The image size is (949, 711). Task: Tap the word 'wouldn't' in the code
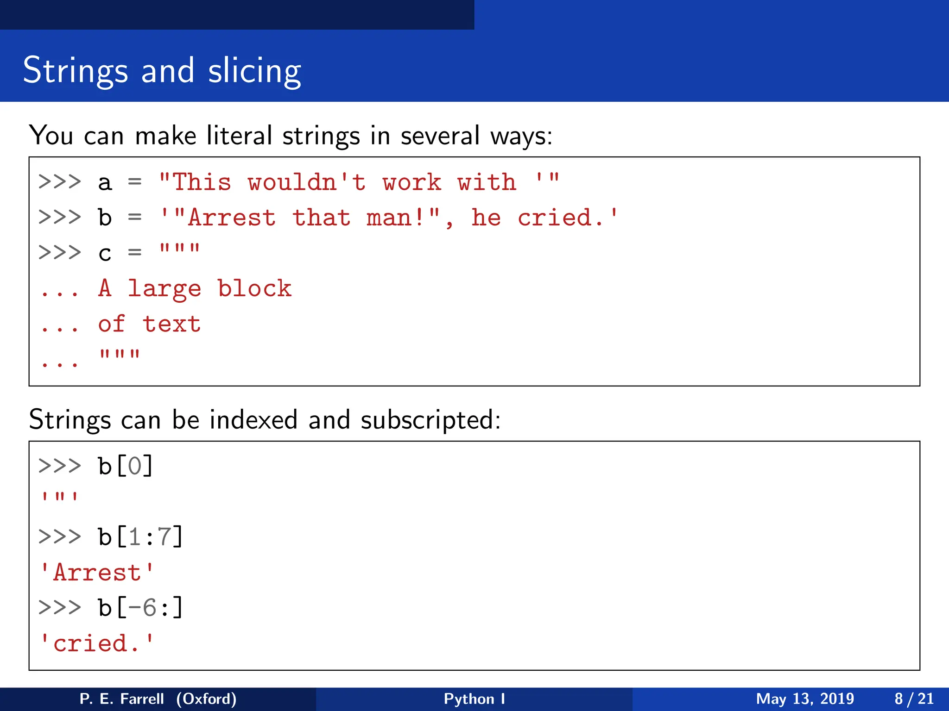306,182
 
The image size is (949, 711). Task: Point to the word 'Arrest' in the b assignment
231,218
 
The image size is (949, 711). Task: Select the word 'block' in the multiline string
254,288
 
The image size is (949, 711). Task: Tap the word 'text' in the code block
172,324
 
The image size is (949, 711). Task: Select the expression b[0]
125,466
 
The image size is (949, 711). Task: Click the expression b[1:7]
140,537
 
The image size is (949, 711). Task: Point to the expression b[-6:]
140,608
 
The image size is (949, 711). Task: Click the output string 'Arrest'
97,573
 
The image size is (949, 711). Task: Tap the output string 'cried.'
97,643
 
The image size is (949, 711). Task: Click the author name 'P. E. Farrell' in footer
121,699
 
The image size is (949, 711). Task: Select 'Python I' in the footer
474,699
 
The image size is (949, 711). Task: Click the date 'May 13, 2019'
805,699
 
